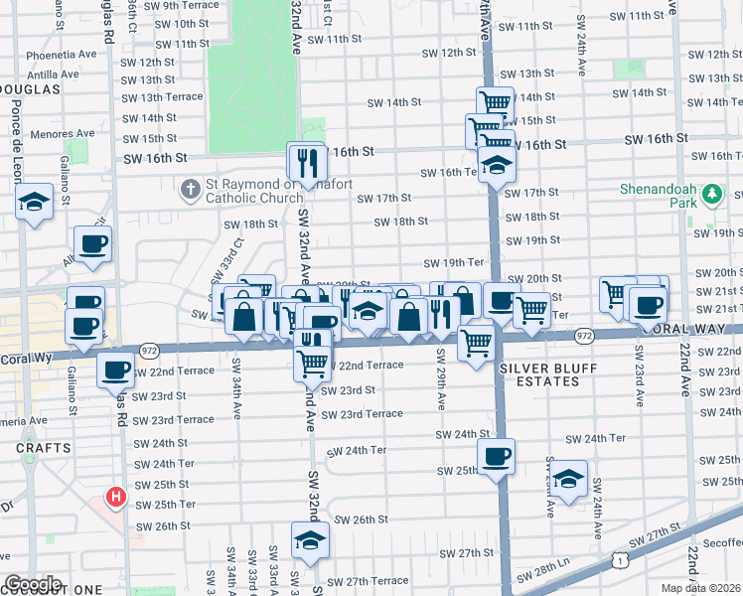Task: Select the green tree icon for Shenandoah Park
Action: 712,194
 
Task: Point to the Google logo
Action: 32,584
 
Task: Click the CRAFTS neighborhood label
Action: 43,448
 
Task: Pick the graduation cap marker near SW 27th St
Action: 310,540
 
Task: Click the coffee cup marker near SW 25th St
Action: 496,457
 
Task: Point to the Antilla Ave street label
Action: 53,74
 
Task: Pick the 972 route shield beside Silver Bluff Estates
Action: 583,338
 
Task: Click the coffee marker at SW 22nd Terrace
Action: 116,370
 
